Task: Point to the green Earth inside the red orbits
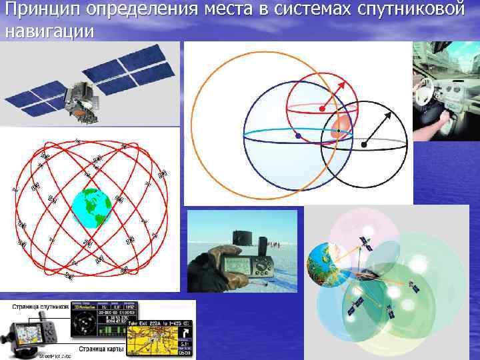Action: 91,209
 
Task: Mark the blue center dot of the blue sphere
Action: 297,136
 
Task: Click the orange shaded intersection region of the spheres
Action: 340,128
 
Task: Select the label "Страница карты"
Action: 101,348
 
